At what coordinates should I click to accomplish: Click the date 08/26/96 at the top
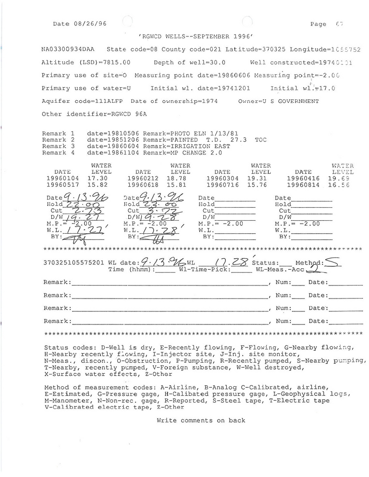pos(89,24)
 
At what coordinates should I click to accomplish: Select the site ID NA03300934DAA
pos(68,49)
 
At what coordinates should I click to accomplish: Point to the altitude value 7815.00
pos(114,62)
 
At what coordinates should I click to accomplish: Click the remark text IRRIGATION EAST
pos(208,146)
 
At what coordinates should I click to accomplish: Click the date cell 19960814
pos(303,184)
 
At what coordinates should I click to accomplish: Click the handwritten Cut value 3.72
pos(165,210)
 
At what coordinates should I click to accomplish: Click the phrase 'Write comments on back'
pos(201,420)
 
